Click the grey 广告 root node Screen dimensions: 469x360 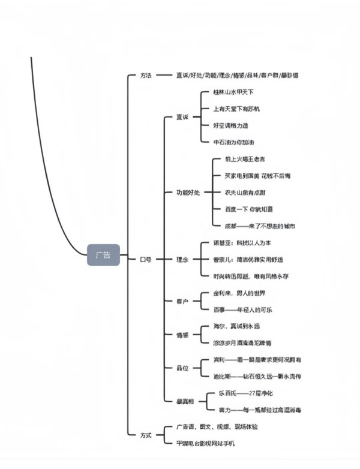(x=103, y=255)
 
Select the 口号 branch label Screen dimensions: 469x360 (x=146, y=260)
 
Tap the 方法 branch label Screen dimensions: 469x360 (x=146, y=76)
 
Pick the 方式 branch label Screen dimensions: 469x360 (x=146, y=435)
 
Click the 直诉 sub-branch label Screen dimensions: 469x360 (x=182, y=117)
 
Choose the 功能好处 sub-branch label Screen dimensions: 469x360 (x=188, y=193)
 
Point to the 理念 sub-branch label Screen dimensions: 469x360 (x=182, y=260)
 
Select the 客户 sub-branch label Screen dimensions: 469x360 (x=182, y=301)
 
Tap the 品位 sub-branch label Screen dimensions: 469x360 (x=182, y=368)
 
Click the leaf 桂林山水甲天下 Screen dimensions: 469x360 (x=233, y=92)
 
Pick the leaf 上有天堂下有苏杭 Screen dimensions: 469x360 (x=236, y=109)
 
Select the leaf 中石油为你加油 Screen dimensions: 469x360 (x=233, y=142)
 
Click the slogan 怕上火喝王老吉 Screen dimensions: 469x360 (x=245, y=159)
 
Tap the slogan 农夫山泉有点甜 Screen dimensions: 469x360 (x=245, y=193)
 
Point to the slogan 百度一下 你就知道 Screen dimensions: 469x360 (x=249, y=209)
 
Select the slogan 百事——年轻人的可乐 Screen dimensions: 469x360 (x=242, y=309)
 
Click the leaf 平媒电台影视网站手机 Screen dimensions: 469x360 (x=206, y=443)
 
